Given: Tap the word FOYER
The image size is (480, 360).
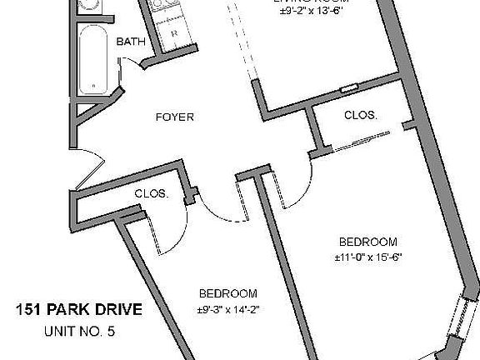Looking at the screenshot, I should point(175,117).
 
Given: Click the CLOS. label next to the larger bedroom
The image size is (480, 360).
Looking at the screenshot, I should point(361,116).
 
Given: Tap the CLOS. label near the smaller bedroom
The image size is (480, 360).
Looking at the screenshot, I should point(152,194).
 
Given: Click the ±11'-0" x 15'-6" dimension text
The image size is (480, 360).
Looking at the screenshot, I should point(362,257).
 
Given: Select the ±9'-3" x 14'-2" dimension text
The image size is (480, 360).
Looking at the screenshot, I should point(227,310).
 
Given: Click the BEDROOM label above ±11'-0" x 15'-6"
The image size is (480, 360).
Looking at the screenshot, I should point(362,242).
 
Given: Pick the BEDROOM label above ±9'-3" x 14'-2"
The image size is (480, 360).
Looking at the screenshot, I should point(227,294).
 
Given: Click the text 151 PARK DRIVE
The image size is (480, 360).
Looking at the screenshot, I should point(79,311).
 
